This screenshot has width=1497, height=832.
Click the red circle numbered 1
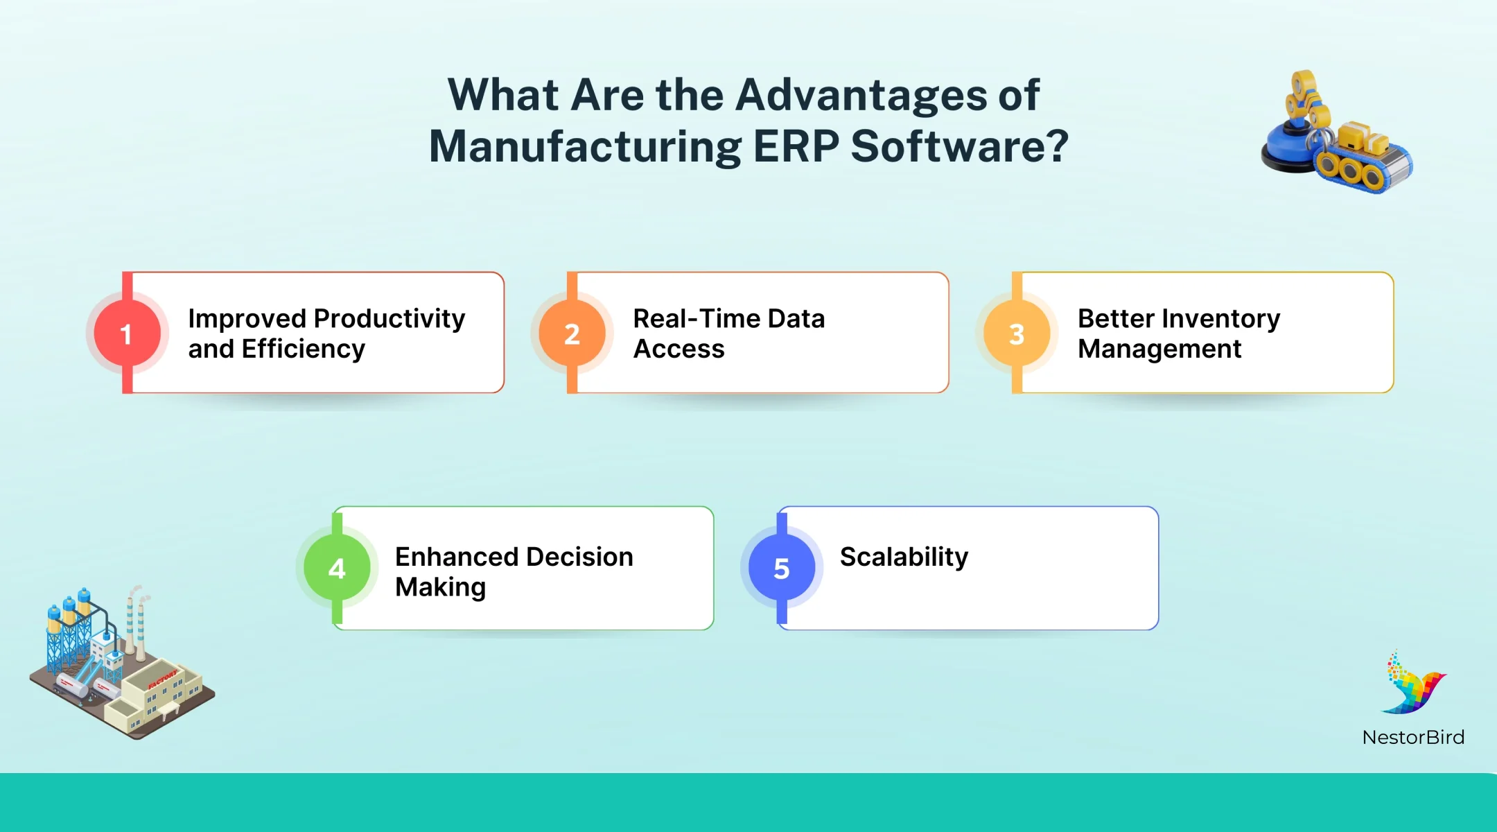point(127,333)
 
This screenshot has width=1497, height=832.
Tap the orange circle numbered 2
point(572,333)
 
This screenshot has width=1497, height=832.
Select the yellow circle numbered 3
point(1017,333)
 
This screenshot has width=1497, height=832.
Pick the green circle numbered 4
point(337,568)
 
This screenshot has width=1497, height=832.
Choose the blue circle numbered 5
point(782,568)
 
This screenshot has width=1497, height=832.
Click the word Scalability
point(904,557)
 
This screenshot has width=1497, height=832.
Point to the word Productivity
point(389,319)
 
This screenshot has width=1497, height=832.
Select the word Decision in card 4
point(579,557)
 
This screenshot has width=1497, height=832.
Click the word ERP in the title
point(796,146)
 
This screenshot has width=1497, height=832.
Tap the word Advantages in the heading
point(861,94)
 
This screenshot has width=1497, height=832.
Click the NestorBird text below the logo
point(1413,737)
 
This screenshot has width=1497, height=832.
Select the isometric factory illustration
point(121,666)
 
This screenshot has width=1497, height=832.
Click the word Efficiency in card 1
point(303,349)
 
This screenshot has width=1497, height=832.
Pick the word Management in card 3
point(1159,349)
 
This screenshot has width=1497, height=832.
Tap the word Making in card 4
point(440,587)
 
